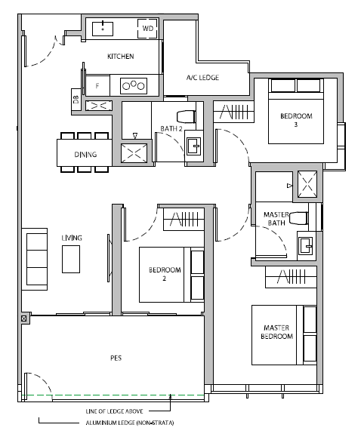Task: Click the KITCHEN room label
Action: coord(120,57)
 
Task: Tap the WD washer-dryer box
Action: coord(147,29)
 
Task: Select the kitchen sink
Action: coord(103,29)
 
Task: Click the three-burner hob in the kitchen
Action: coord(134,85)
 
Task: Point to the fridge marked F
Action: coord(97,85)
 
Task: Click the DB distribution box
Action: coord(76,100)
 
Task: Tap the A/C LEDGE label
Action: coord(202,78)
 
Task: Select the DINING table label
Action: coord(85,154)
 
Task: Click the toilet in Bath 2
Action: coord(186,117)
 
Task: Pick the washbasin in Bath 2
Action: coord(194,146)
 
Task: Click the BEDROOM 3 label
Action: coord(296,120)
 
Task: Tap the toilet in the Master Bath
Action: coord(298,218)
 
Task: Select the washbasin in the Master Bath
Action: coord(305,246)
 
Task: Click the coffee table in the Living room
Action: coord(71,260)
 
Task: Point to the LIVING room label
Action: coord(72,238)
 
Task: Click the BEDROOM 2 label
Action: coord(165,274)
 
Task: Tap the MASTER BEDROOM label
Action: coord(276,332)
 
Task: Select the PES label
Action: coord(116,358)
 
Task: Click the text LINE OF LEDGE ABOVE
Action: coord(114,411)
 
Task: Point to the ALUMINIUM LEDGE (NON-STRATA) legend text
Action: coord(130,423)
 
